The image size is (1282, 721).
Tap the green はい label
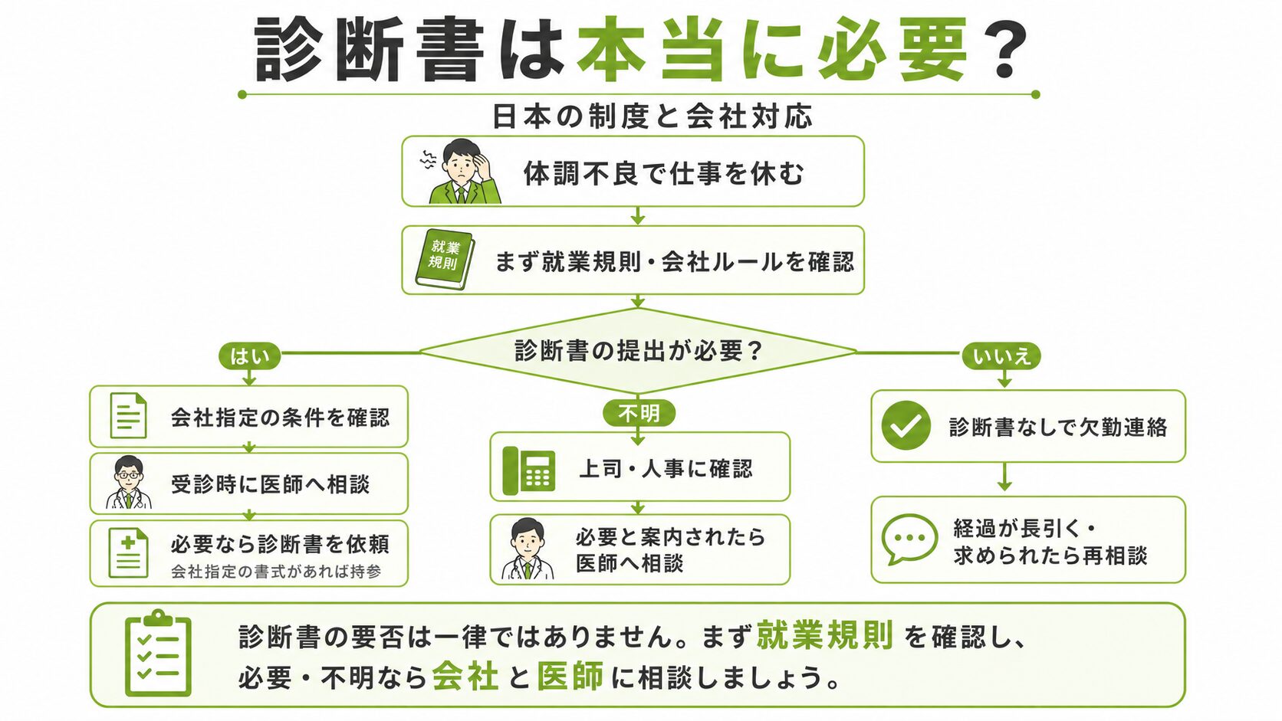click(249, 356)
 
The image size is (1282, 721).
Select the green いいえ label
click(1001, 356)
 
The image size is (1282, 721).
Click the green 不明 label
click(639, 413)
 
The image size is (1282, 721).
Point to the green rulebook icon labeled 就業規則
click(445, 259)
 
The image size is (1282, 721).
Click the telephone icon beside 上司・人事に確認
click(529, 470)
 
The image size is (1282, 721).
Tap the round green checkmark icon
click(906, 425)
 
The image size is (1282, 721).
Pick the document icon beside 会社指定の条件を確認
click(128, 416)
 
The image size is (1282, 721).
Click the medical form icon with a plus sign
click(128, 553)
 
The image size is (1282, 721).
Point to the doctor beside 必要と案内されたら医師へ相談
click(527, 549)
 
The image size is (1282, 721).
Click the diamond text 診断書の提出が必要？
click(638, 350)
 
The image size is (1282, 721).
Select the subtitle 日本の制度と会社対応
click(653, 116)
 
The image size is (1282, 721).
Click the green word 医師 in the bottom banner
click(570, 677)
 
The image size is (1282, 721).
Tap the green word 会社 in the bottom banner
click(465, 677)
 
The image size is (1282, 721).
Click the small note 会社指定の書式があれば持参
click(277, 572)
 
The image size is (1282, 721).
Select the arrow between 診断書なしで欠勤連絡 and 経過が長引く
click(1004, 477)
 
